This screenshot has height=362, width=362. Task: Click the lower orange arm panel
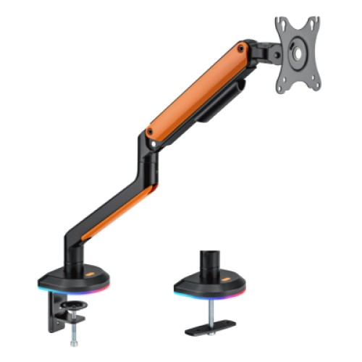click(x=116, y=211)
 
